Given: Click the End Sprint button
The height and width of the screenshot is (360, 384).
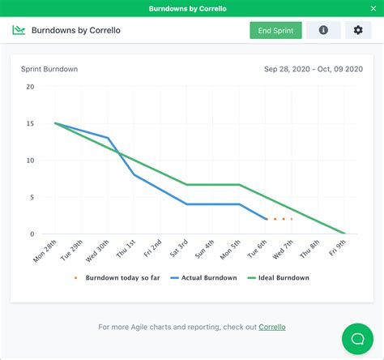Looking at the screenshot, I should [275, 30].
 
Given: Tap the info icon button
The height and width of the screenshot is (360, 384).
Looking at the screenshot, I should [323, 30].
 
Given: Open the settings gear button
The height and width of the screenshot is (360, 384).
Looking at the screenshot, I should [358, 30].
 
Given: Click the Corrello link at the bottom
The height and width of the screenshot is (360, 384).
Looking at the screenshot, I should [271, 327].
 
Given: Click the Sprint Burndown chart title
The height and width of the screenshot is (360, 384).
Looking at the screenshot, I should [49, 69].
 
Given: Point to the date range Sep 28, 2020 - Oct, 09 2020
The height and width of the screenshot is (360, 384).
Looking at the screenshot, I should [314, 69].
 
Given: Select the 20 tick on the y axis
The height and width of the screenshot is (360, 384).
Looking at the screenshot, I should [30, 87].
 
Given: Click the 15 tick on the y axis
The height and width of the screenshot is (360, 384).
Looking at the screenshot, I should [30, 123].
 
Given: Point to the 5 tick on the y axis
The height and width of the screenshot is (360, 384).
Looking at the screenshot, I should [32, 197].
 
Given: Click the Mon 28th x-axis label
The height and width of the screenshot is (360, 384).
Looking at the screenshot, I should [45, 251].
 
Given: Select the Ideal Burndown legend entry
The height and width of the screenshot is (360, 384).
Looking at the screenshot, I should [279, 277].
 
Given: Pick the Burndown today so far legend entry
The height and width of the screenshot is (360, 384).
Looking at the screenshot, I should [120, 277].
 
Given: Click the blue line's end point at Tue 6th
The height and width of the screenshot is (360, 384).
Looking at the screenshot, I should [267, 219].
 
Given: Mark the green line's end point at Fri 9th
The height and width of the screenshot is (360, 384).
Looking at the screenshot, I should [345, 234].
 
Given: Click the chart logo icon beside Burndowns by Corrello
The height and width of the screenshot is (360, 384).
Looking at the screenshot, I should [19, 30].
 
